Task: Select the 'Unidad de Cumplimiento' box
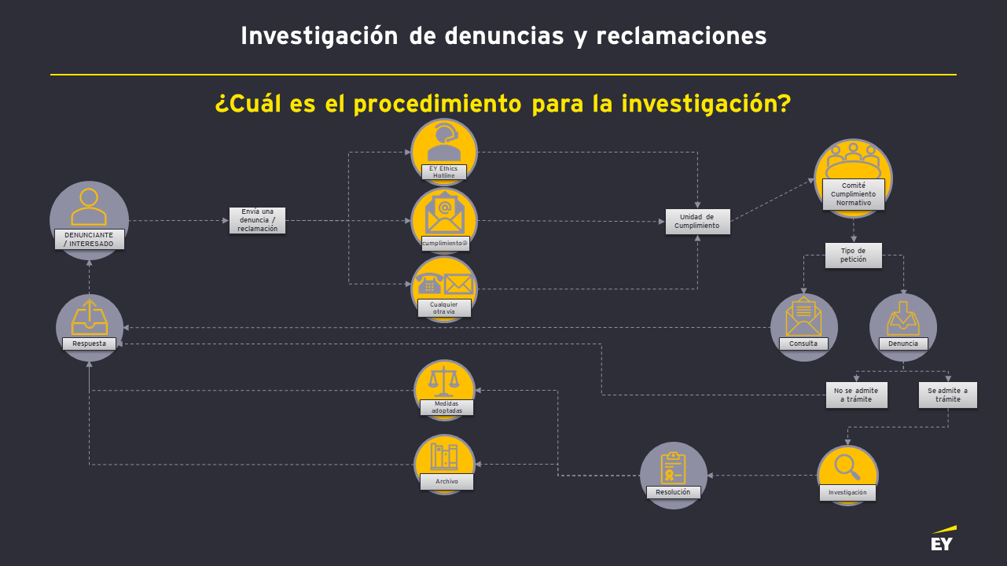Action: tap(697, 221)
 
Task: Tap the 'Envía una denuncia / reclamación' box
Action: tap(257, 220)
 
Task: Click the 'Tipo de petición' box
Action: tap(853, 255)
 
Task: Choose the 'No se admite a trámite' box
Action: tap(857, 395)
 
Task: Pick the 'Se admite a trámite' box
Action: tap(947, 395)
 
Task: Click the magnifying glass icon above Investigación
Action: tap(847, 466)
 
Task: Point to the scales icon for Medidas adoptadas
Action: tap(444, 381)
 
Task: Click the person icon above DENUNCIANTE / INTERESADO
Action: tap(89, 207)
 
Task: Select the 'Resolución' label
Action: tap(673, 492)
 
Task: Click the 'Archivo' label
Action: tap(446, 481)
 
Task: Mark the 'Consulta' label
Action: tap(803, 344)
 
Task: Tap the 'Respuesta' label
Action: tap(89, 344)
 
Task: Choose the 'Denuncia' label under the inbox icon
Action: tap(902, 344)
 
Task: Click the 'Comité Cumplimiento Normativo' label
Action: tap(853, 194)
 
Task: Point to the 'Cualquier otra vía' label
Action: tap(443, 308)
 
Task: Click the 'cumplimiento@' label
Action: tap(444, 243)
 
